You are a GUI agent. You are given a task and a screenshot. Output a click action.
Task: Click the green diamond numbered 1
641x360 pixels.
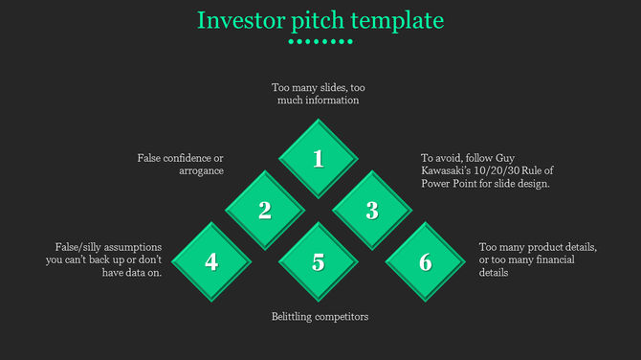tap(319, 158)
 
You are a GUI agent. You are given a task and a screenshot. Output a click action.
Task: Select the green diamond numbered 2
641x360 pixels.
tap(265, 211)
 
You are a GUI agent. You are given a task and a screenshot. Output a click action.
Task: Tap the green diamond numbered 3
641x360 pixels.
tap(372, 211)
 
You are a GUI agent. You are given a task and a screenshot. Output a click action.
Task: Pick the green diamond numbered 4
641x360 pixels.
tap(211, 262)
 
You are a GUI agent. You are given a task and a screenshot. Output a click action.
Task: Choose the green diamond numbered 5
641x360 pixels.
tap(319, 262)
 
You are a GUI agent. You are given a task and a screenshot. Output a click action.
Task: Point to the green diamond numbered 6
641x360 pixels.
tap(426, 262)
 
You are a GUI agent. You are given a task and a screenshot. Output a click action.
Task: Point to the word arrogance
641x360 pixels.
tap(201, 170)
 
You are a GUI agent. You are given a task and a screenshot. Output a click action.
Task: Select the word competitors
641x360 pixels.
tap(343, 317)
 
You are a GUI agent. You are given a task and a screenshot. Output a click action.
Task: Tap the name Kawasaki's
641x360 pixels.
tap(451, 170)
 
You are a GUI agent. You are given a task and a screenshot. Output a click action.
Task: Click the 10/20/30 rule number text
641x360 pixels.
tap(500, 170)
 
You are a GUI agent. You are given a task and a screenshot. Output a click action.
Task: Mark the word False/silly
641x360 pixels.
tap(75, 246)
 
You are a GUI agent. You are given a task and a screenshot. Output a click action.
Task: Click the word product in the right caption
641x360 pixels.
tap(539, 246)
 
